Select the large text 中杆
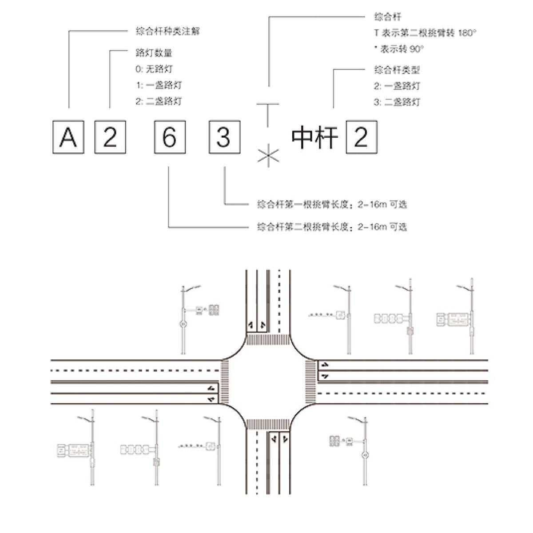(314, 138)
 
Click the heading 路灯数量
(153, 53)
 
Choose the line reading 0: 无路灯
(154, 69)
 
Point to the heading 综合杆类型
(397, 70)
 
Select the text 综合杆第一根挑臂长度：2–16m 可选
(332, 205)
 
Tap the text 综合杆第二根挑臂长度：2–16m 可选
(332, 227)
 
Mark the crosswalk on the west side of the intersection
(225, 382)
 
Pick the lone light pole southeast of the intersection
(364, 453)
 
